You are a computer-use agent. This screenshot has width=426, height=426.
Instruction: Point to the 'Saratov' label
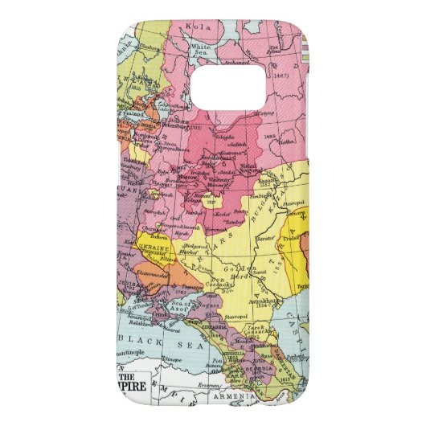point(259,238)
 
